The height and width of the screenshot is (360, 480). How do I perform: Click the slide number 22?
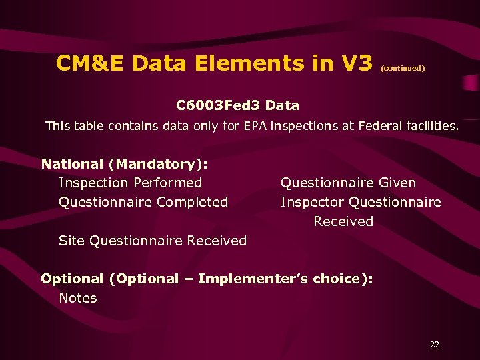[x=435, y=345]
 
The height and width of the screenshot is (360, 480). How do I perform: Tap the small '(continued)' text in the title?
[x=403, y=67]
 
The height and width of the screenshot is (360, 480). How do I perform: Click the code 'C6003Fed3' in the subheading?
[x=217, y=105]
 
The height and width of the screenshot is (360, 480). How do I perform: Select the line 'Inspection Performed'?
[x=130, y=183]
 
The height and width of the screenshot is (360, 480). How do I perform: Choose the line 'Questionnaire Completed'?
[x=143, y=202]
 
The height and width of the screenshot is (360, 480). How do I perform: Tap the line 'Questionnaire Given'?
[x=348, y=183]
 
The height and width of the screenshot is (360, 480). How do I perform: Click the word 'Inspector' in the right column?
[x=312, y=202]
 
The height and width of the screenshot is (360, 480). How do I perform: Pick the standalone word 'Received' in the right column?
[x=343, y=221]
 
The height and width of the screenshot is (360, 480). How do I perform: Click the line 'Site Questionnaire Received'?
[x=153, y=241]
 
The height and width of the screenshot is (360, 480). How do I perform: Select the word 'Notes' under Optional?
[x=78, y=298]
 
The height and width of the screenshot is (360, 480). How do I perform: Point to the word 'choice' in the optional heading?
[x=337, y=279]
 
